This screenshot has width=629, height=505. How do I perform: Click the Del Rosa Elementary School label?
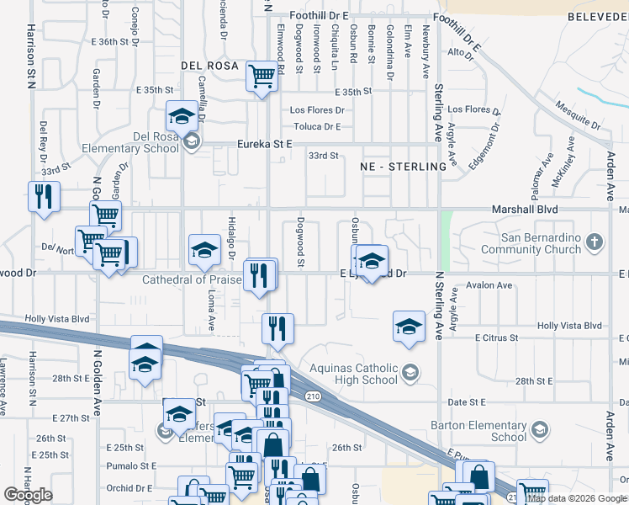coord(131,142)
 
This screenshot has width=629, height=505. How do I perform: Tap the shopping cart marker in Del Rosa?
coord(262,76)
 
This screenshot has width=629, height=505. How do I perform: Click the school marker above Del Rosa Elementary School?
coord(181,115)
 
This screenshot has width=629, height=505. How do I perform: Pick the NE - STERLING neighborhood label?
coord(403,167)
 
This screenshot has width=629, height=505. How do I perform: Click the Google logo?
coord(29,495)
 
